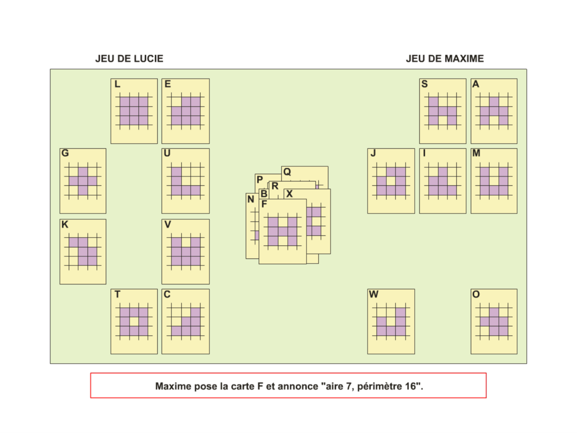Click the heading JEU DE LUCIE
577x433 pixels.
pos(129,59)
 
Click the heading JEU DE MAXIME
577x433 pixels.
pos(444,59)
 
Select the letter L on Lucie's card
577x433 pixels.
pos(117,84)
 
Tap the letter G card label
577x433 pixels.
pos(65,153)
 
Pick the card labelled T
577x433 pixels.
pos(134,321)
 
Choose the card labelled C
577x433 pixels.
pos(186,321)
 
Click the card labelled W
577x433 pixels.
pos(391,321)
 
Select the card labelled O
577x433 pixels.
pos(494,321)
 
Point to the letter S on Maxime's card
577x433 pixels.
pos(425,84)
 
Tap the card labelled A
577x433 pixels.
pos(494,111)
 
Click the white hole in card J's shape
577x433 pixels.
pos(391,181)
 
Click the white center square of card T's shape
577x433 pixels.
pos(134,322)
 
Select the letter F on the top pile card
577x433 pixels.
pos(264,204)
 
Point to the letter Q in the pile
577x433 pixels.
pos(287,172)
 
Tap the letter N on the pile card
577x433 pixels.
pos(251,199)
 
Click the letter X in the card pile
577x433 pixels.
pos(289,194)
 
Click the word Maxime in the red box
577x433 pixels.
pos(172,386)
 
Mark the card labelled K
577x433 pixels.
pos(83,252)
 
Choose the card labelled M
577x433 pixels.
pos(494,181)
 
